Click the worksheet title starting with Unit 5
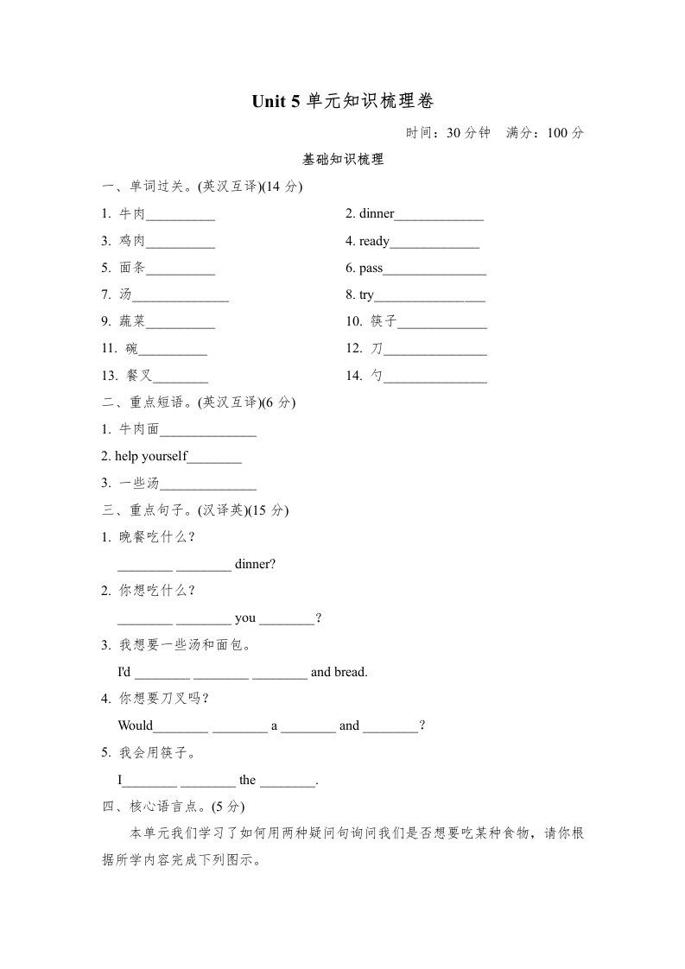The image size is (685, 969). click(x=342, y=102)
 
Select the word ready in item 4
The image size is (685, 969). click(x=374, y=242)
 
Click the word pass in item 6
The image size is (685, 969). click(x=371, y=269)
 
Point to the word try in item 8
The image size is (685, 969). click(x=366, y=295)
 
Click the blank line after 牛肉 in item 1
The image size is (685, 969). click(x=181, y=216)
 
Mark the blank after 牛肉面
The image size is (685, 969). click(x=208, y=431)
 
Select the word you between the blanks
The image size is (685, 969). click(x=245, y=617)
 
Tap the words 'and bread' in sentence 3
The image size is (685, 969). click(x=339, y=671)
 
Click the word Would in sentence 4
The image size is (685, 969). click(x=135, y=725)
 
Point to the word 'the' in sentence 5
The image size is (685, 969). click(x=248, y=780)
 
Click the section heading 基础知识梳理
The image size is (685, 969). click(x=342, y=160)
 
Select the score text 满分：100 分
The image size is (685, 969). click(x=545, y=133)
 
